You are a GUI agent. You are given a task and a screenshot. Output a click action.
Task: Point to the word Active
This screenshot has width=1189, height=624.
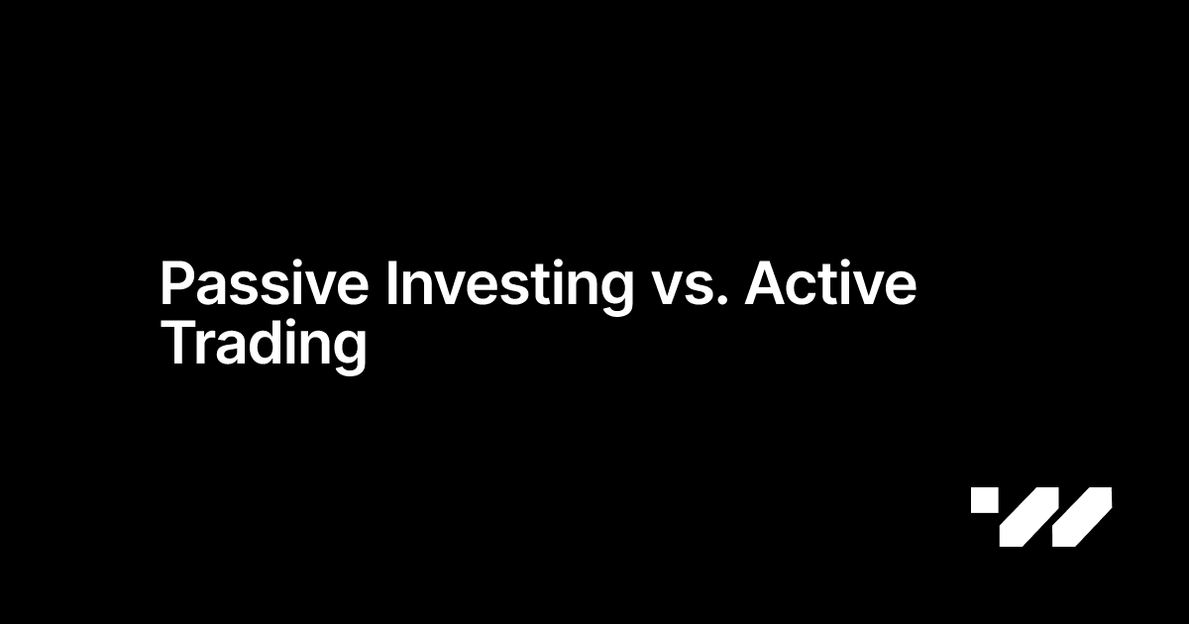(830, 285)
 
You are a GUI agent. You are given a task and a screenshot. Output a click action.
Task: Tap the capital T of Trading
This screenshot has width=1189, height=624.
(176, 345)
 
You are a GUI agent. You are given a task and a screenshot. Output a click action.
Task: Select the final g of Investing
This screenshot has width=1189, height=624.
(615, 294)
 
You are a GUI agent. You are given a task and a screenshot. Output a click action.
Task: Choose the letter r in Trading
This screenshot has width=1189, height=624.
(202, 350)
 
